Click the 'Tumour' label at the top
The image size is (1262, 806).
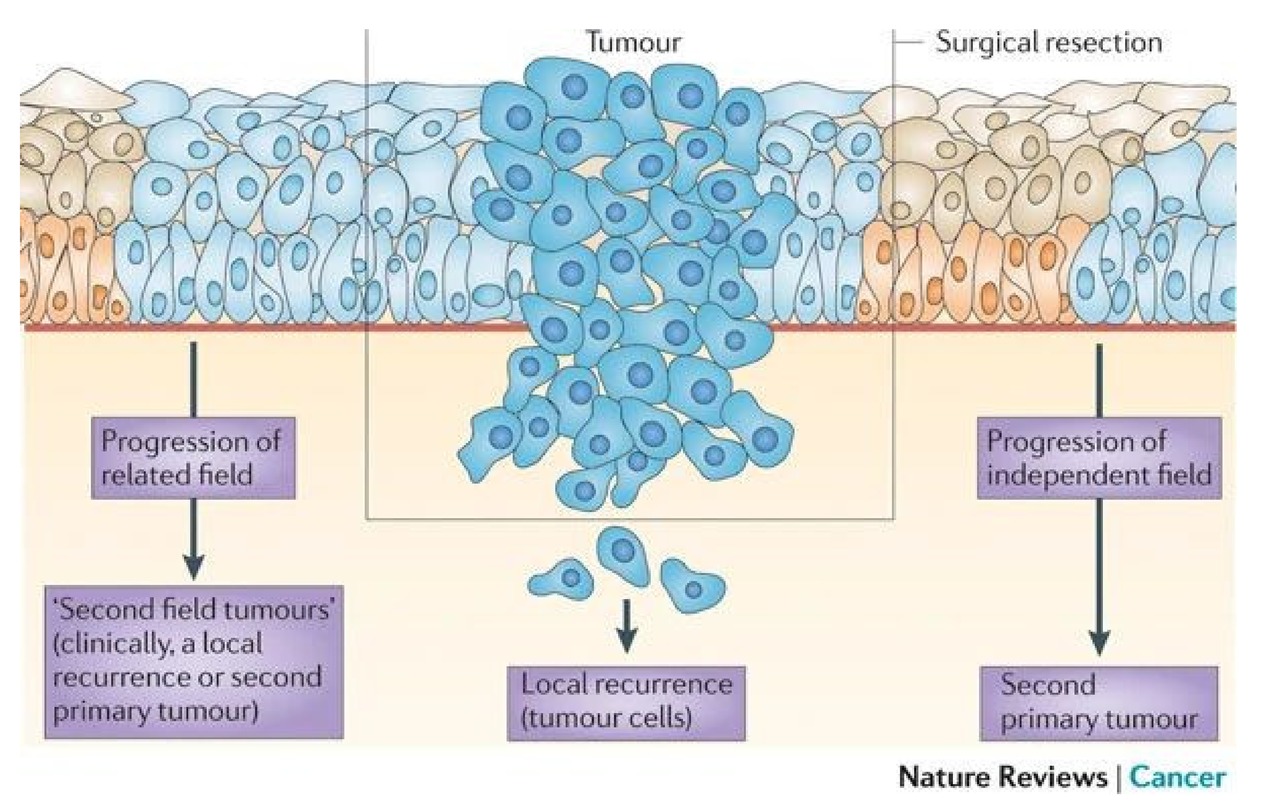[x=633, y=42]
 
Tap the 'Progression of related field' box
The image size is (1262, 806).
[x=193, y=458]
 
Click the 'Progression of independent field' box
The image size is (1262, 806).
[x=1099, y=458]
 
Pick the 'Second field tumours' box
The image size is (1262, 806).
[x=194, y=662]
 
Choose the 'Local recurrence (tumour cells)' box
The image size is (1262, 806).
[x=626, y=703]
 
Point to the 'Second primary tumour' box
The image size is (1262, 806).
[x=1099, y=703]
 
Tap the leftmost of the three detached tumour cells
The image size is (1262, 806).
[x=563, y=578]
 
